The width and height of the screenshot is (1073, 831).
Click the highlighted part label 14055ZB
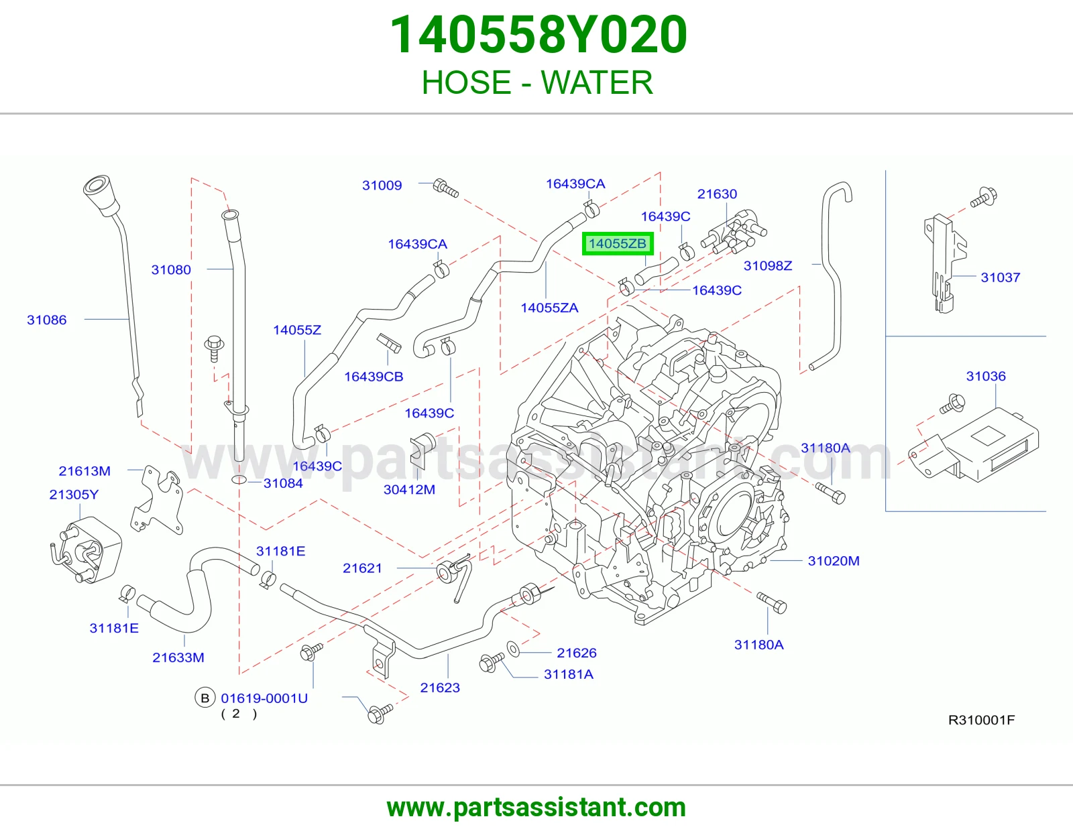[617, 243]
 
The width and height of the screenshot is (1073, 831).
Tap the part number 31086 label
[46, 320]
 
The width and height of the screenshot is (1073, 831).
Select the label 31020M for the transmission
[834, 560]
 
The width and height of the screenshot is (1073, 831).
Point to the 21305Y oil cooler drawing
[87, 550]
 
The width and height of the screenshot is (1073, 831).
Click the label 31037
[1001, 277]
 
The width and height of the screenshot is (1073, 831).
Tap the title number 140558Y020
[539, 35]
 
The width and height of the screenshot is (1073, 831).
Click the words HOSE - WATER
[537, 82]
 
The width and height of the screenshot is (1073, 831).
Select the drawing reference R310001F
[981, 720]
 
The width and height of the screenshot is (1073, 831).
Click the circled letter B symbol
[205, 698]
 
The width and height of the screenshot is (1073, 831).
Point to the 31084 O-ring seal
[239, 480]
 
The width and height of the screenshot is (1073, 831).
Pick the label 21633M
[178, 657]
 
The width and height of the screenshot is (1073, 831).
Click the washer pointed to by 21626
[514, 649]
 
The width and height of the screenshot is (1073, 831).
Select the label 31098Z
[768, 266]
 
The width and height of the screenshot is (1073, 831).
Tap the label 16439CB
[374, 377]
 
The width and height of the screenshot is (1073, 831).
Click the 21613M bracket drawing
[157, 500]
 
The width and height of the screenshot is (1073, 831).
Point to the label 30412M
[409, 489]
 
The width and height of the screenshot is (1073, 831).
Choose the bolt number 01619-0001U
[264, 698]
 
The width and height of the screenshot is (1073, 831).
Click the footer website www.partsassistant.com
[536, 808]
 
